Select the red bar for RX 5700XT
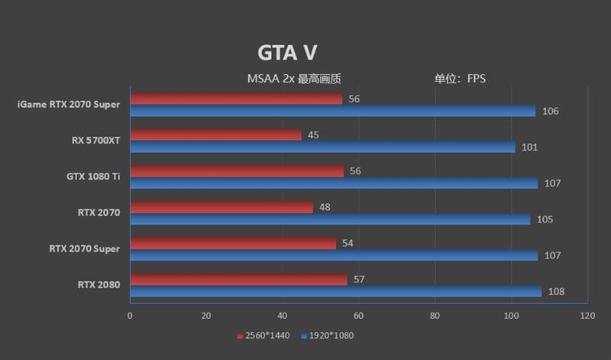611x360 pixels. click(215, 135)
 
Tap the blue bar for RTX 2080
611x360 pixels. click(335, 292)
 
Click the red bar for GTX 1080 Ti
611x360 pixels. click(237, 171)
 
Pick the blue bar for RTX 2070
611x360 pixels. click(330, 219)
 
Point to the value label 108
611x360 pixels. click(557, 292)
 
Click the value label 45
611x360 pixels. click(313, 135)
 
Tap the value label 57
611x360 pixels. click(359, 279)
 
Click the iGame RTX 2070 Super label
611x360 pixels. click(68, 105)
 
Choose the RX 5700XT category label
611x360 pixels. click(96, 141)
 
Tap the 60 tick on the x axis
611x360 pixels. click(358, 316)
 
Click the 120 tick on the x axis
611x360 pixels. click(587, 316)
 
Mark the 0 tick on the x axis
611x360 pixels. click(130, 316)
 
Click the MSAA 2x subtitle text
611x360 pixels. click(293, 78)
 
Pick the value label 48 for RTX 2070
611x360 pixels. click(325, 207)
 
